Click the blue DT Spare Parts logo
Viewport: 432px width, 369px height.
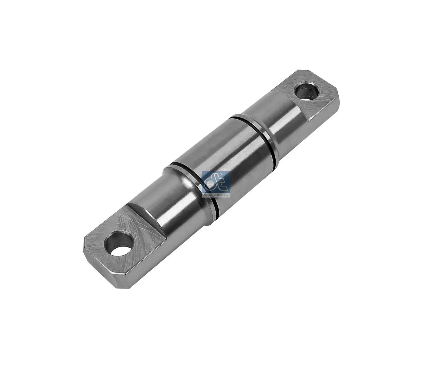(216, 184)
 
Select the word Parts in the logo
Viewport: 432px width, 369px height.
(223, 195)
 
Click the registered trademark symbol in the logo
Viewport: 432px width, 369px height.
(221, 175)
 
